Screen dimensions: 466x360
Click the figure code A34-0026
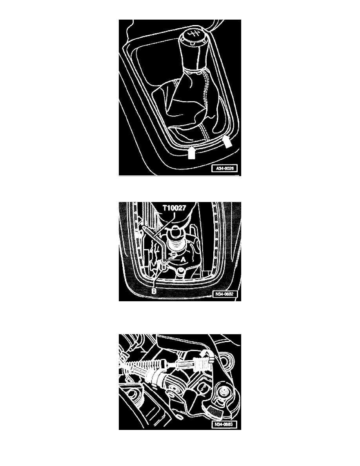pos(225,169)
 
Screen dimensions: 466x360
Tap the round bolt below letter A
pos(181,272)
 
